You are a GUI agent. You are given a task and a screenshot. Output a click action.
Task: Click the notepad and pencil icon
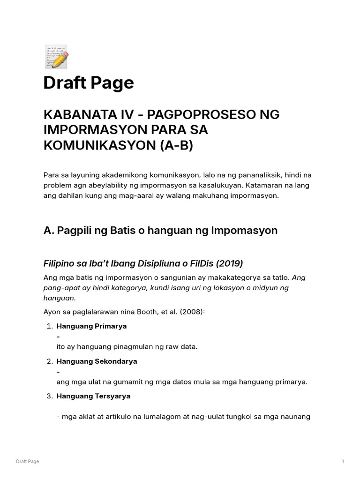[56, 56]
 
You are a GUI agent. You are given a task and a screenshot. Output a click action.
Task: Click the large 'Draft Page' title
[89, 83]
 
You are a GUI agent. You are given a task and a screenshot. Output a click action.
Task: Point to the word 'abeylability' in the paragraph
[103, 185]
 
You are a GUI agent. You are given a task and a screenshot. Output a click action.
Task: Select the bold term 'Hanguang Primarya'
[91, 326]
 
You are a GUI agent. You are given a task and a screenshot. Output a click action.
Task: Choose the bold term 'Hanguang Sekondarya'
[97, 361]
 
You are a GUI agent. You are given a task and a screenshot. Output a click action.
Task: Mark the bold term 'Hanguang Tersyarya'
[93, 396]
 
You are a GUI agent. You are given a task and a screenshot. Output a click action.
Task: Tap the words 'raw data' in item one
[183, 347]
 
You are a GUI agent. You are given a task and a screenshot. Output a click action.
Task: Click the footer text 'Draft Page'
[27, 462]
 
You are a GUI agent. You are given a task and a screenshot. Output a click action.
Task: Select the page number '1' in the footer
[343, 462]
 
